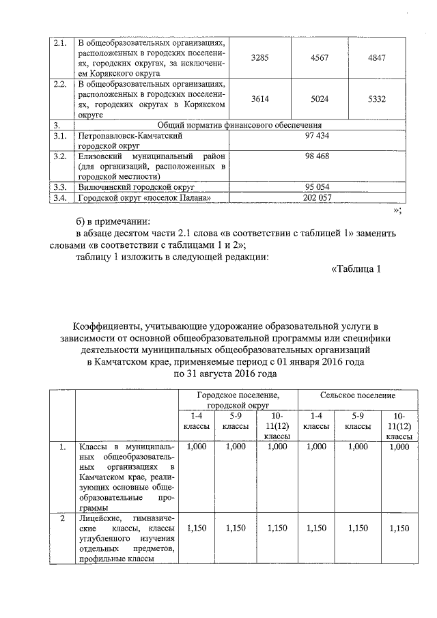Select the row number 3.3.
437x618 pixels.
point(59,186)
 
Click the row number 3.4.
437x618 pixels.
point(59,197)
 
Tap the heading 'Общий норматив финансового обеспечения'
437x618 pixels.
point(240,125)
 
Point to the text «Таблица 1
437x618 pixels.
point(355,269)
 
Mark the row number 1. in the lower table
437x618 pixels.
point(62,447)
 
